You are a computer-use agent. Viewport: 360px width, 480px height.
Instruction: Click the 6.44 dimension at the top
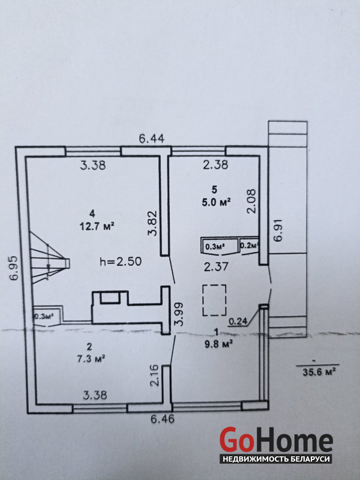pyautogui.click(x=152, y=139)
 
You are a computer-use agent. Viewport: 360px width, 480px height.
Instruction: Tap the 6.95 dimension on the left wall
pyautogui.click(x=14, y=268)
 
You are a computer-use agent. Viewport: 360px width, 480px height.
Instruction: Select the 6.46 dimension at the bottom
pyautogui.click(x=163, y=418)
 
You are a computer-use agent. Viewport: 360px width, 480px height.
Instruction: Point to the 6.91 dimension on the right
pyautogui.click(x=278, y=230)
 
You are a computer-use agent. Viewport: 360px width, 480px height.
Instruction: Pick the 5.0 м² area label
pyautogui.click(x=216, y=202)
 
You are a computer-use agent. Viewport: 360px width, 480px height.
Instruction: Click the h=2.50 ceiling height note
pyautogui.click(x=121, y=262)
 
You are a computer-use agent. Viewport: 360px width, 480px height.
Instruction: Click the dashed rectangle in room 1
pyautogui.click(x=214, y=300)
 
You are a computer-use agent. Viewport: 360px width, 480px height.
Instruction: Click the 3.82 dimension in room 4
pyautogui.click(x=152, y=223)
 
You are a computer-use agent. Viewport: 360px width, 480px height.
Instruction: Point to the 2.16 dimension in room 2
pyautogui.click(x=155, y=376)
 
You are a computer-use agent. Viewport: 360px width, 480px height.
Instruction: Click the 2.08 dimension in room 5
pyautogui.click(x=251, y=201)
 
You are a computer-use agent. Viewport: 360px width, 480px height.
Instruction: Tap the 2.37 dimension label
pyautogui.click(x=216, y=266)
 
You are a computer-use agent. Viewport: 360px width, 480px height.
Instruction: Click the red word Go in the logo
pyautogui.click(x=236, y=440)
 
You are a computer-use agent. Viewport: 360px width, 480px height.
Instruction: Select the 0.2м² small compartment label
pyautogui.click(x=250, y=245)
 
